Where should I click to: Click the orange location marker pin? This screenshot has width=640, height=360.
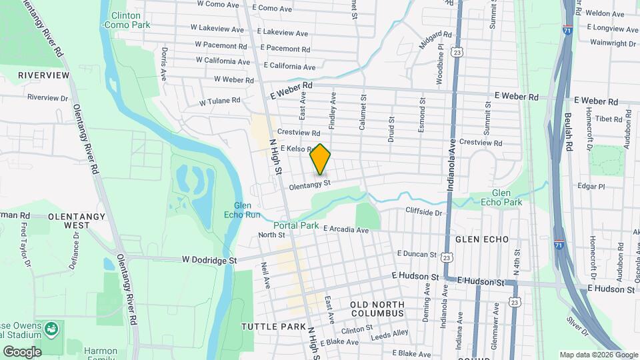[321, 159]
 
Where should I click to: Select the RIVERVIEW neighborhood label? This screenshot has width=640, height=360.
[43, 75]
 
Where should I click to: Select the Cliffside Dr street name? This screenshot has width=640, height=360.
[424, 212]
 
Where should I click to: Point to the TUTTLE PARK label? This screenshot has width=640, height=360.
[267, 326]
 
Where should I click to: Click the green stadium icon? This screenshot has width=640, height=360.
[51, 329]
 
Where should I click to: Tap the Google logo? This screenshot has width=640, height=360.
[22, 351]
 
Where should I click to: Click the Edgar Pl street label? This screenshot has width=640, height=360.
[591, 186]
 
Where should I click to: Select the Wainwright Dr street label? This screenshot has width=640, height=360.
[613, 43]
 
